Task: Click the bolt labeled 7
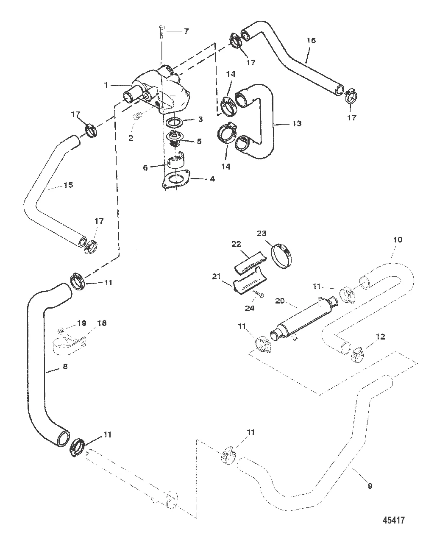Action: [161, 32]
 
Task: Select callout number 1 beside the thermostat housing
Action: [106, 85]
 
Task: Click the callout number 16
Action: [311, 40]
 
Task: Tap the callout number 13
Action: [297, 123]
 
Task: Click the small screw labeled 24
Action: [258, 294]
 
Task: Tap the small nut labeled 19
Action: [61, 330]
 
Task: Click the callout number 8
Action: [65, 366]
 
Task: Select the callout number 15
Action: [68, 185]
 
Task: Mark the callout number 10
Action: [398, 239]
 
